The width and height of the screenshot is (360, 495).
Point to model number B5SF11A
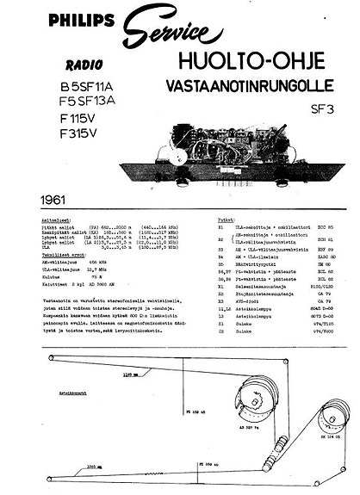pyautogui.click(x=98, y=86)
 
